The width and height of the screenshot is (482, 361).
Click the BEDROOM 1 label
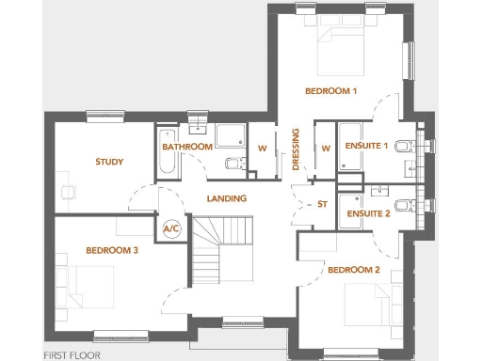(330, 91)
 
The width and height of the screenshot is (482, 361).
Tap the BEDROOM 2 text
(353, 270)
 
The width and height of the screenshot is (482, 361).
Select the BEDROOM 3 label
(112, 250)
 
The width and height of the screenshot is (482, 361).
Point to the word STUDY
(109, 162)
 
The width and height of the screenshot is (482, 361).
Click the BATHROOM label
(185, 148)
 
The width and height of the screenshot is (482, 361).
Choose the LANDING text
(227, 198)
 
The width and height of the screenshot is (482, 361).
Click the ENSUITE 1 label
(367, 148)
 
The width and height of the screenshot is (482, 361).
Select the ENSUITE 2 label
(368, 213)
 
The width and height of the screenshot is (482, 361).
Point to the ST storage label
(322, 203)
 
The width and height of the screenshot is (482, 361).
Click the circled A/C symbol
(172, 228)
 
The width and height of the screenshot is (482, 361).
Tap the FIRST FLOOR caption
(72, 355)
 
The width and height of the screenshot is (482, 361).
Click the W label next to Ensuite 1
(326, 148)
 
